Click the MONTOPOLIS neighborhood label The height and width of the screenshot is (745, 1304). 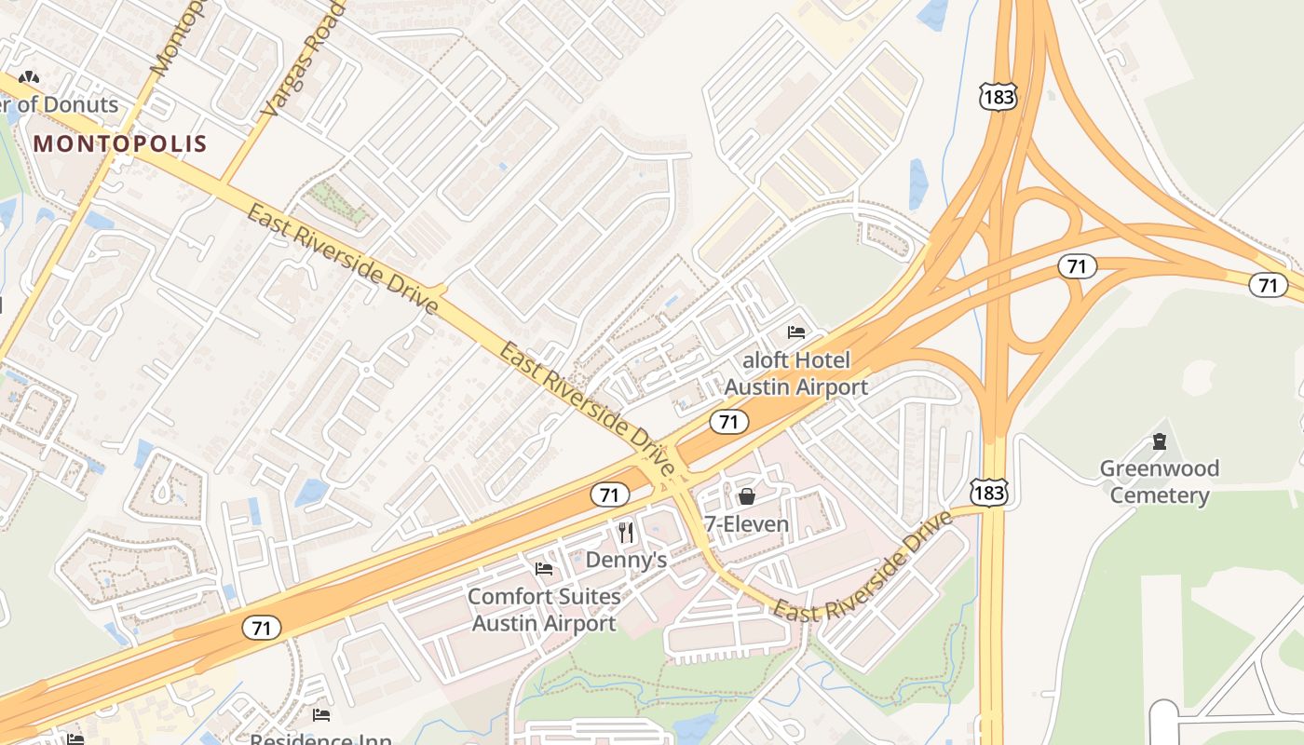coord(119,143)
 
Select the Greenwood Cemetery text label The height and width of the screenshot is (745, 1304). coord(1159,481)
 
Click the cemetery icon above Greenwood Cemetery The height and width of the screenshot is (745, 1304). coord(1159,440)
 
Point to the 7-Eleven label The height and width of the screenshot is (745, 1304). coord(746,524)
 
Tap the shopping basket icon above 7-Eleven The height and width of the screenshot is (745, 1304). coord(746,495)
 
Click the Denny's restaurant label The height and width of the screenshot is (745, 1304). coord(626,560)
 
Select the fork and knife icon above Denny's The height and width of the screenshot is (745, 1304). coord(626,532)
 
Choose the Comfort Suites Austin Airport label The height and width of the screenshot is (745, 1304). coord(544,609)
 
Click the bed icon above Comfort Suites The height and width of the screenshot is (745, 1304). coord(544,568)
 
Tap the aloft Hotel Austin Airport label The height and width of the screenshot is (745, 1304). coord(796,372)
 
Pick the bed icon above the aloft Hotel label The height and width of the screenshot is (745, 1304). coord(796,332)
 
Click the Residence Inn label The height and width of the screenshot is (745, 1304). coord(320,739)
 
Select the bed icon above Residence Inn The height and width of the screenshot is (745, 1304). coord(321,715)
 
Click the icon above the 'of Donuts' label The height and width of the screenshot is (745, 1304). coord(29,79)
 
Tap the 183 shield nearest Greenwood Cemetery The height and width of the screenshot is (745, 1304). coord(988,492)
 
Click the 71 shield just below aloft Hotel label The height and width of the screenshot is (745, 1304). coord(728,422)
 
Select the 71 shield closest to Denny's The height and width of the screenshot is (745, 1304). coord(609,494)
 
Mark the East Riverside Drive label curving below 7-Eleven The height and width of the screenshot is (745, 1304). coord(862,569)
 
